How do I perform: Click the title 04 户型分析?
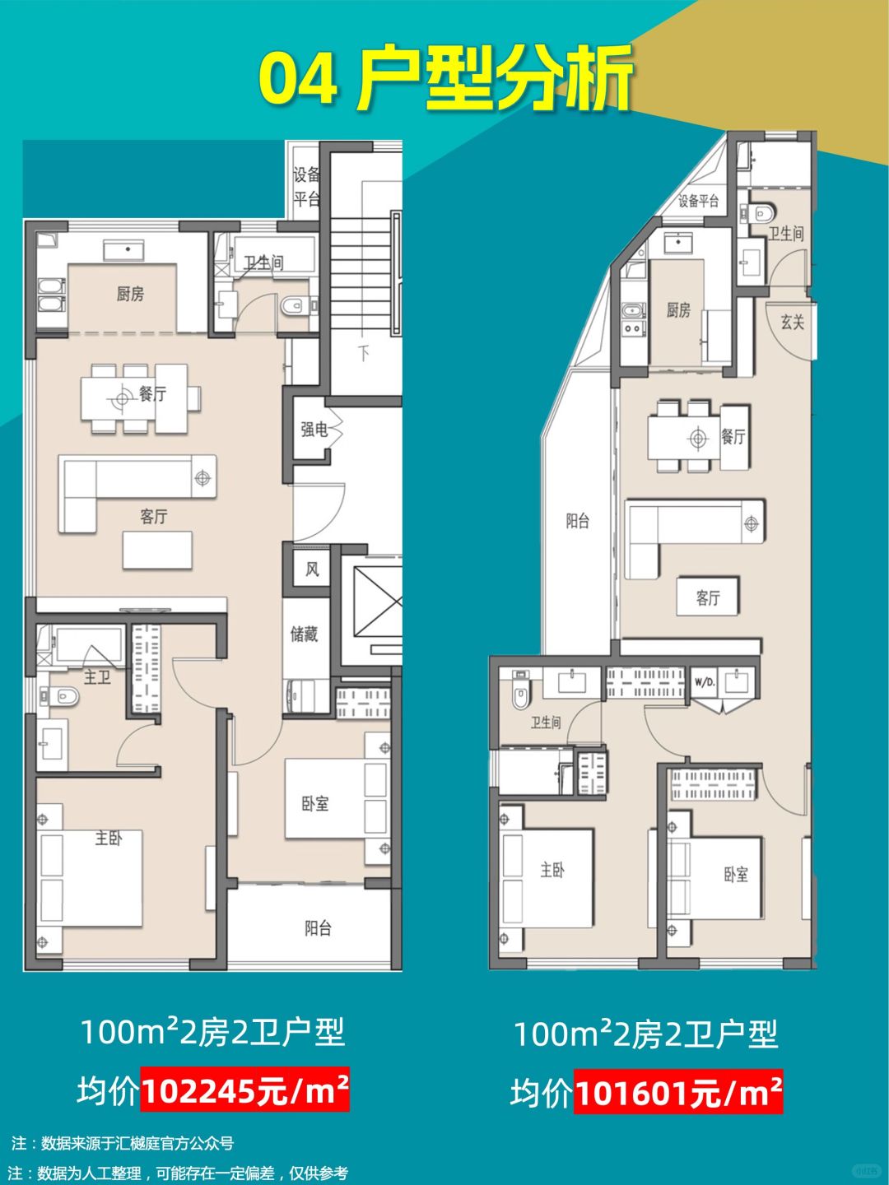444,79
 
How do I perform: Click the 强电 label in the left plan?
314,430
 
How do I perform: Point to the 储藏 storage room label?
305,634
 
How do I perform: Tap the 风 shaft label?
312,569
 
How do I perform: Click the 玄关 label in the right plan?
793,323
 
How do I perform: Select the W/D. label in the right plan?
705,682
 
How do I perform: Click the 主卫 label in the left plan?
97,677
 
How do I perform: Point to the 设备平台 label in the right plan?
699,202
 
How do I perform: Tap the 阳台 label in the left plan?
318,927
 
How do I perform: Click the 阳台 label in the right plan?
578,520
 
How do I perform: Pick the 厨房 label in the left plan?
131,294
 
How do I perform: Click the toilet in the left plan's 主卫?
61,696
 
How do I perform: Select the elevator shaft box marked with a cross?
377,602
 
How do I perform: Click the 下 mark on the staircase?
365,354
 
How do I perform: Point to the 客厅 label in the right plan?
708,597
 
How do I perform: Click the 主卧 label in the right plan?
552,870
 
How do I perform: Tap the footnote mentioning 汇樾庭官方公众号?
123,1143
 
